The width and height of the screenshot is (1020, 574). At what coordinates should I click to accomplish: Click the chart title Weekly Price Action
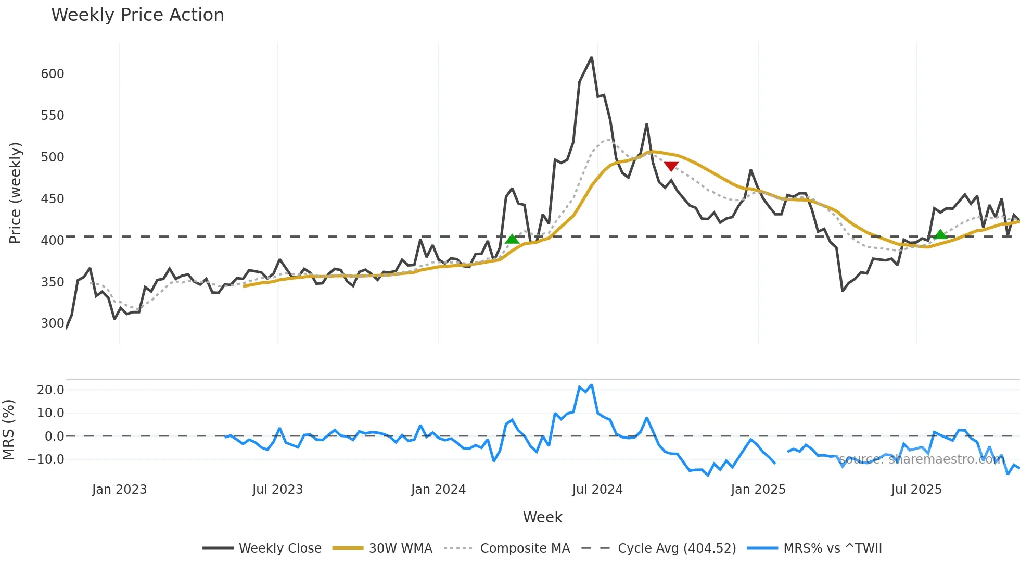[137, 15]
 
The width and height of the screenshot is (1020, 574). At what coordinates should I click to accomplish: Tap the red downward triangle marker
[671, 166]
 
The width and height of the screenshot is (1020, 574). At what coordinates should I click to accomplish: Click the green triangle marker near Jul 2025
[940, 234]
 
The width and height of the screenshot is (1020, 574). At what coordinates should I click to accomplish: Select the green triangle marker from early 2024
[512, 239]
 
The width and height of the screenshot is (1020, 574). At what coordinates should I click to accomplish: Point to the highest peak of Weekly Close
[592, 58]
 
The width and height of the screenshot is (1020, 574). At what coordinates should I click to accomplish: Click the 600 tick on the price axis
[53, 74]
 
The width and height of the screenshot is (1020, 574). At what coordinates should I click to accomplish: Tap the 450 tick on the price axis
[53, 199]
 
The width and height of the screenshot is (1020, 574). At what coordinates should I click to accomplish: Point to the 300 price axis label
[53, 323]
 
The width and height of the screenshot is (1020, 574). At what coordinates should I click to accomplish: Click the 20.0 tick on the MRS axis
[50, 390]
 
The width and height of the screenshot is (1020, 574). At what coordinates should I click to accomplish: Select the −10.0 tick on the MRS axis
[46, 459]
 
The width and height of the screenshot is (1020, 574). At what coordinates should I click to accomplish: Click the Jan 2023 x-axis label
[119, 490]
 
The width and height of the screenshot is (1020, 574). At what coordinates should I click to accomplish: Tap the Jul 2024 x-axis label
[597, 490]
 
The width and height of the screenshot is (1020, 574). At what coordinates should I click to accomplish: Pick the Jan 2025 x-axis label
[758, 490]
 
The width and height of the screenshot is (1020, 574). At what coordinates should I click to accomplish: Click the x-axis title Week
[542, 517]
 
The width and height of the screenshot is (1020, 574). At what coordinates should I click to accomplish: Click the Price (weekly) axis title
[15, 193]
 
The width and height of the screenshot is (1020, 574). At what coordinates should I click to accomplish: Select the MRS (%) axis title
[8, 430]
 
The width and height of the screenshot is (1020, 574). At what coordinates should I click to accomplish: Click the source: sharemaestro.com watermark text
[921, 459]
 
